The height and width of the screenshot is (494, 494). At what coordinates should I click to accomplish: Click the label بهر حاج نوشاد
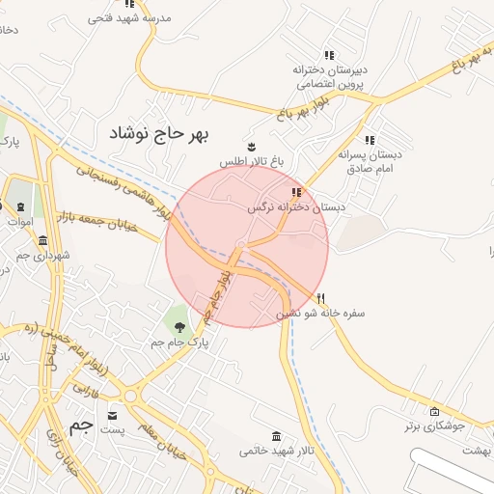click(163, 131)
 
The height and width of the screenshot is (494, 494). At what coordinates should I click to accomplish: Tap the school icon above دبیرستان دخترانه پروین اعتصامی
click(329, 56)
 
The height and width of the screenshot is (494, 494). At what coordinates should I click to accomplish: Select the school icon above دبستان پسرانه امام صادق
click(370, 140)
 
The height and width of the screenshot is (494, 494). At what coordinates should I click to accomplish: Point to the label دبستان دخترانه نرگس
click(295, 206)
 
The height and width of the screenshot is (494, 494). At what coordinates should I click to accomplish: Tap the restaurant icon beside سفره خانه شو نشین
click(322, 298)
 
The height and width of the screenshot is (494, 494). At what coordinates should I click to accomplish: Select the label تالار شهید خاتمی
click(277, 451)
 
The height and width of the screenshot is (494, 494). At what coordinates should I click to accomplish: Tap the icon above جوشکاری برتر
click(433, 411)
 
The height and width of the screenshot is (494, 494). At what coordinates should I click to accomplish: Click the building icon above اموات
click(20, 206)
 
